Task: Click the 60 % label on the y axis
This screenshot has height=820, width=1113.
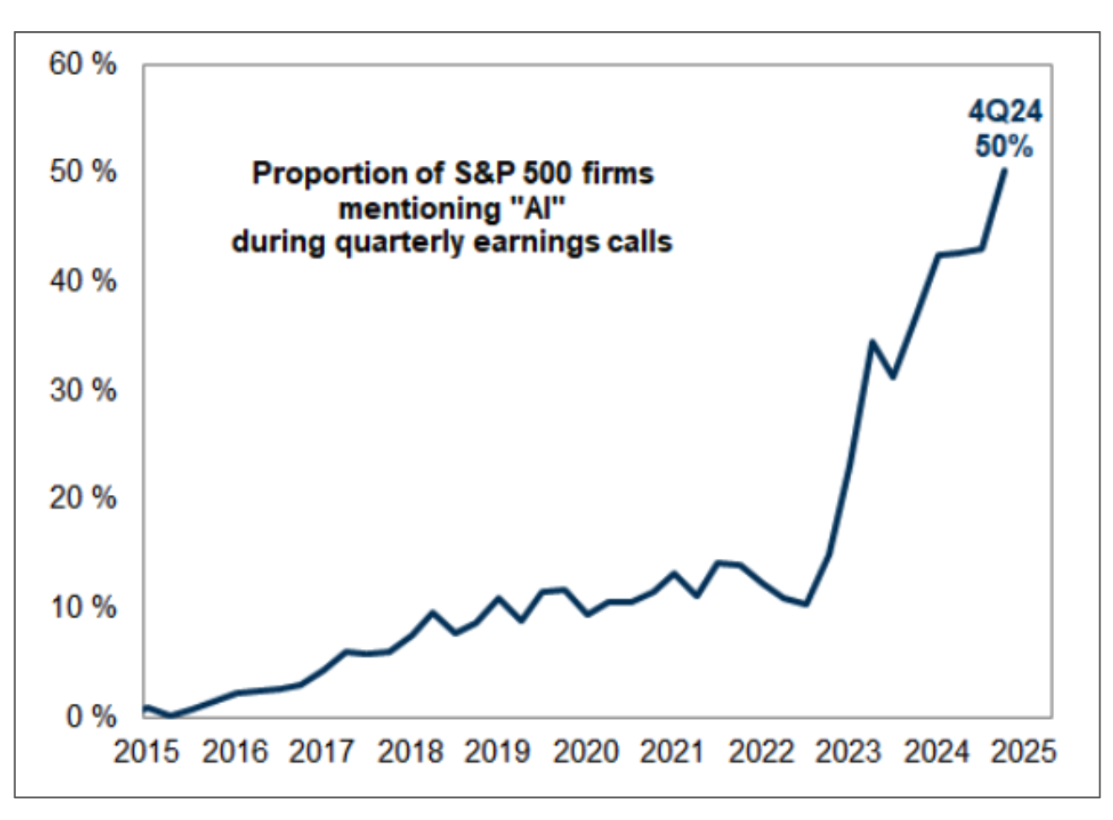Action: [x=83, y=64]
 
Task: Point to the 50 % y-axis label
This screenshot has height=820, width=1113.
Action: [x=83, y=172]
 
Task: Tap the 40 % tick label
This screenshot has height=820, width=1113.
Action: [x=83, y=281]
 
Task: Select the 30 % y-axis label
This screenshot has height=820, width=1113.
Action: [x=83, y=390]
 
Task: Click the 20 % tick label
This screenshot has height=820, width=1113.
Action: [x=83, y=498]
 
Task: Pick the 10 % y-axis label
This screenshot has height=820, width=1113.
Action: [x=83, y=607]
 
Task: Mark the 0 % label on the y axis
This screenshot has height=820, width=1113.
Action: [x=91, y=716]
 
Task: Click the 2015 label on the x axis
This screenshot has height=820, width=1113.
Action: [x=146, y=752]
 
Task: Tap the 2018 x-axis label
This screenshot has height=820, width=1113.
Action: [x=410, y=752]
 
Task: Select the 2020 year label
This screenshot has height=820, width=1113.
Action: [x=585, y=752]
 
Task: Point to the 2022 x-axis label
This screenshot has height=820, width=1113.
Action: [x=761, y=752]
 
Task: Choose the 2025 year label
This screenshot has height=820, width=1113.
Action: [x=1023, y=752]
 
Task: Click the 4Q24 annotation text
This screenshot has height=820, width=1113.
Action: [x=1004, y=111]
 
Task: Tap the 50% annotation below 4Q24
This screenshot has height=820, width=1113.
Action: [x=1004, y=146]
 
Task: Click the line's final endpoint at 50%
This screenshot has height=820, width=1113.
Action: [x=1004, y=170]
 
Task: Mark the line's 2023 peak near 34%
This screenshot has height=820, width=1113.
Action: [x=872, y=342]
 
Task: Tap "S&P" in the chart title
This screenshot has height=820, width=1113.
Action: [x=484, y=173]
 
